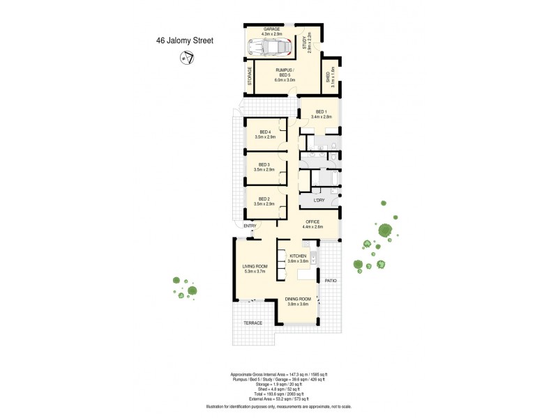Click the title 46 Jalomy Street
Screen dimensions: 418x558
pos(184,40)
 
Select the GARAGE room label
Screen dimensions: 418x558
pos(271,29)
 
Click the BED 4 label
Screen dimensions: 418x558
pos(264,132)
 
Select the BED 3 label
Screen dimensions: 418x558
pos(264,164)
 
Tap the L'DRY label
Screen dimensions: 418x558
pos(319,201)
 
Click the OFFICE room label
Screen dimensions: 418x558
pos(312,222)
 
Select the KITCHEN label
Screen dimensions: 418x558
pos(299,256)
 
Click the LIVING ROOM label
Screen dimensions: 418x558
pos(255,267)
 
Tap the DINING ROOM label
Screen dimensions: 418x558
pos(299,300)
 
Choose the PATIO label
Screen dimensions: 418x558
pos(330,281)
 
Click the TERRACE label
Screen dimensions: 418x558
pos(252,323)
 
